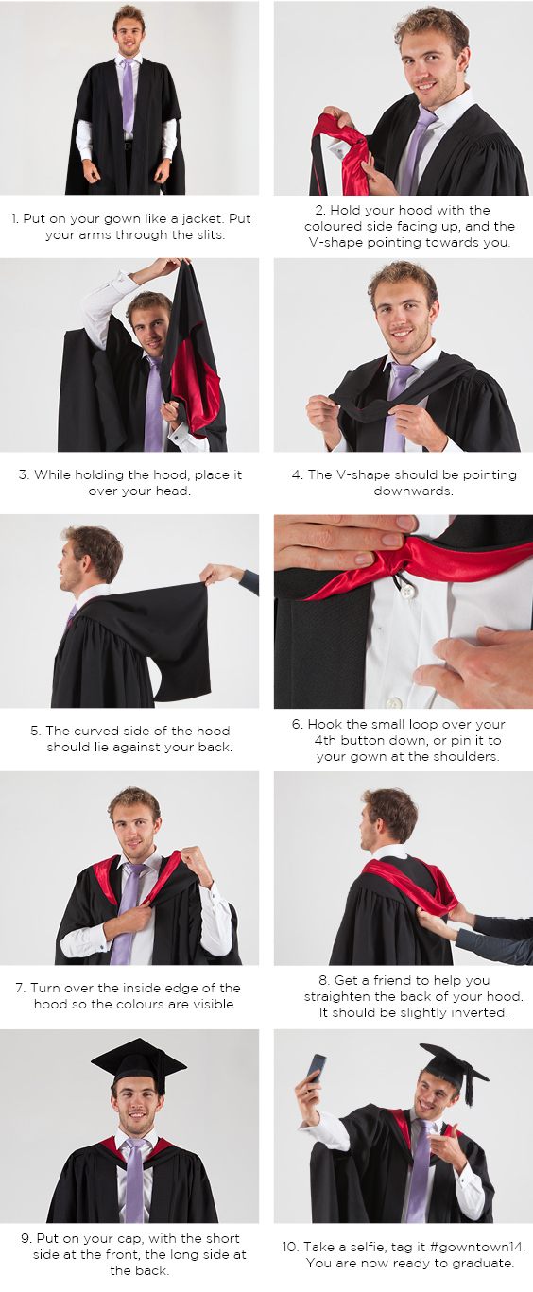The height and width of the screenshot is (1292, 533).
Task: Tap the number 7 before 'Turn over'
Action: coord(20,988)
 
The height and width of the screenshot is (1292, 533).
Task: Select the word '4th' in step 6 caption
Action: coord(326,740)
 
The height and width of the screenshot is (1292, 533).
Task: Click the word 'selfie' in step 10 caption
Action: coord(370,1247)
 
